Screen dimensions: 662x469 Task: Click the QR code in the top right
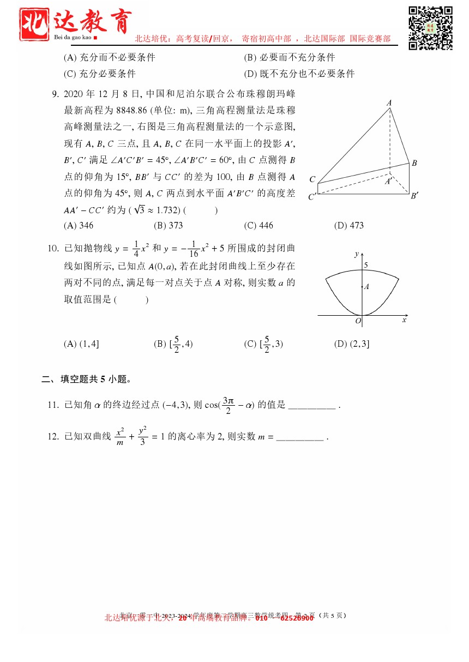click(x=430, y=28)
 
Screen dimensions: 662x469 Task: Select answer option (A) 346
click(x=79, y=225)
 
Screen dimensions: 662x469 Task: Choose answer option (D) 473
click(x=348, y=225)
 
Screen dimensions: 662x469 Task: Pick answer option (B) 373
click(x=169, y=225)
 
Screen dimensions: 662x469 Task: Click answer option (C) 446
click(x=258, y=225)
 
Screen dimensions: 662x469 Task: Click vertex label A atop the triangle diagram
click(x=389, y=103)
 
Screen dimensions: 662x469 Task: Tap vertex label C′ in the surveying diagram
click(x=312, y=196)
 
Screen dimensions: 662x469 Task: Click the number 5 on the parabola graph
click(x=366, y=265)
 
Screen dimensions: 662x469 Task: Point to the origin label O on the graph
click(x=358, y=321)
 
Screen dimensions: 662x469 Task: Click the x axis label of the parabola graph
click(x=404, y=320)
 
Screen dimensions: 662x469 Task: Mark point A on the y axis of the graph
click(x=366, y=286)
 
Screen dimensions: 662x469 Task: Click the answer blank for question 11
click(x=311, y=405)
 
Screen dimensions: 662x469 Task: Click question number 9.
click(x=55, y=94)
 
